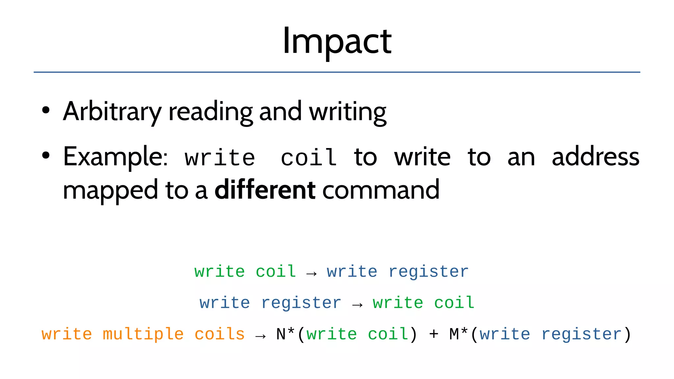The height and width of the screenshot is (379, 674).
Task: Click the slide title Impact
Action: click(337, 41)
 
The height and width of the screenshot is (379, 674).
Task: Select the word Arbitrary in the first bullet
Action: click(112, 112)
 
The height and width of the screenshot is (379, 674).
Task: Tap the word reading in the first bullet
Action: click(211, 112)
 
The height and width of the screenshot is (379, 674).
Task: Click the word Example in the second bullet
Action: click(115, 157)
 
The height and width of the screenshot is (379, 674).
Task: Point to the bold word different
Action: click(265, 190)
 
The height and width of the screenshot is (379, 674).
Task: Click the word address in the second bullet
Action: click(595, 157)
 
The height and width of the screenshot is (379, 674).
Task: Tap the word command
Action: click(381, 190)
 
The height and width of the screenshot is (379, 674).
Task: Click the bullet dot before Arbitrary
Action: click(46, 111)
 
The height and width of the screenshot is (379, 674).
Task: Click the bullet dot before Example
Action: click(46, 156)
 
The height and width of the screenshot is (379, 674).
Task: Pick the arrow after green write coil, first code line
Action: click(311, 273)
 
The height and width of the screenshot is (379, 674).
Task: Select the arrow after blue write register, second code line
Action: click(357, 305)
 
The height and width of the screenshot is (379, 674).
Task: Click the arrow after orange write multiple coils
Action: click(260, 336)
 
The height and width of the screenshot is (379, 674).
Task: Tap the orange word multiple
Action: click(143, 335)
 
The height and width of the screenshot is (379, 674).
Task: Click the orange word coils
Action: click(220, 334)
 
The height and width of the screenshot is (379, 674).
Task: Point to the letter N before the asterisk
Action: click(281, 335)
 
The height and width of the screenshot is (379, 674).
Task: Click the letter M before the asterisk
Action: click(454, 335)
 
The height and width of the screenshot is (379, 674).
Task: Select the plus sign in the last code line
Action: click(433, 335)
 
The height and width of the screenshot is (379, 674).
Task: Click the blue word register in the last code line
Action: click(581, 335)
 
